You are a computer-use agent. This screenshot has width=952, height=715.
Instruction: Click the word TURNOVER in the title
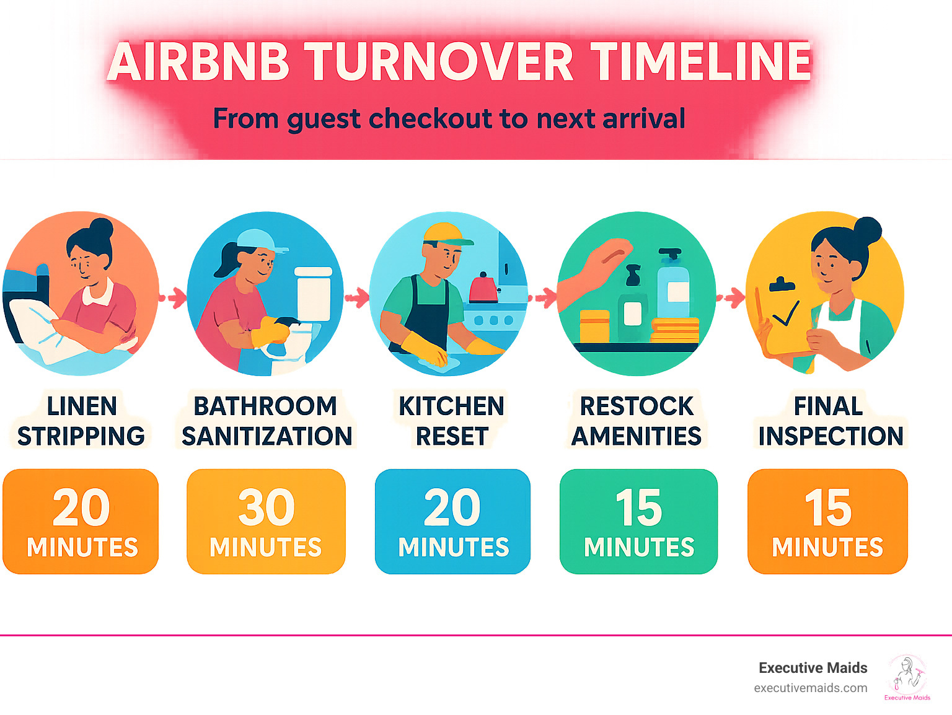click(x=442, y=63)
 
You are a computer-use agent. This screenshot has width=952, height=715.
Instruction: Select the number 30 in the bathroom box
click(x=267, y=507)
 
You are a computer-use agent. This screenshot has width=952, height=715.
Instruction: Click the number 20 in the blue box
click(x=452, y=507)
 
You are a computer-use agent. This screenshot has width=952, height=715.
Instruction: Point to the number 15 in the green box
click(x=638, y=507)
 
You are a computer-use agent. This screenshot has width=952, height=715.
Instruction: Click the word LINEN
click(x=82, y=406)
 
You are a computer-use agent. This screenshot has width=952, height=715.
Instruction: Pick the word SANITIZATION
click(x=267, y=436)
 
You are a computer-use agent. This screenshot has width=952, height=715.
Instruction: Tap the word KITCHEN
click(x=451, y=406)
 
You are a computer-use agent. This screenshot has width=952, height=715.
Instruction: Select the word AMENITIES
click(x=636, y=436)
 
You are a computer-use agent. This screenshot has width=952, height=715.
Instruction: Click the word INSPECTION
click(x=831, y=436)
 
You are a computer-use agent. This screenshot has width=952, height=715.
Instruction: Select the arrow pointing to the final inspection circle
click(x=732, y=298)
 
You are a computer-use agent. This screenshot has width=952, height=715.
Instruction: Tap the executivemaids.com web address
click(x=810, y=688)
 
